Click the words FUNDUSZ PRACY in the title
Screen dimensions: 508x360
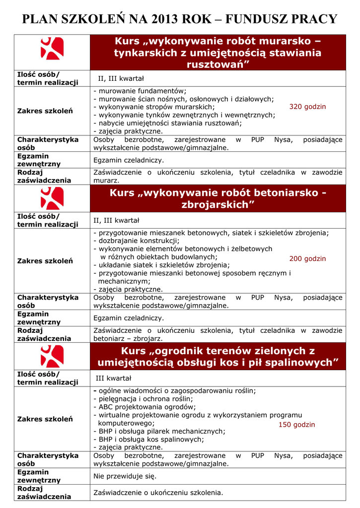[x=281, y=19]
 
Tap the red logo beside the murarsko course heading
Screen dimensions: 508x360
[x=52, y=49]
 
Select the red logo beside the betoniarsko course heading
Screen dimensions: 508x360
[x=52, y=199]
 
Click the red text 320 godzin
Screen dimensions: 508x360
[x=307, y=107]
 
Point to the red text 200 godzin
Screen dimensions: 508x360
[x=307, y=258]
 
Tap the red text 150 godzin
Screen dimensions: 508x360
[x=296, y=425]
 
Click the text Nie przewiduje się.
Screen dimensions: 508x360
[x=125, y=476]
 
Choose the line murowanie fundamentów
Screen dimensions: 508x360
[x=140, y=91]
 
